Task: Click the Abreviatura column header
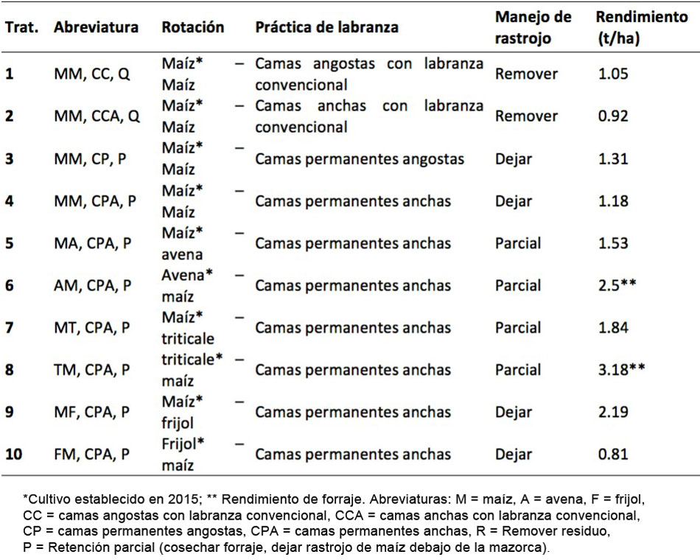(x=96, y=28)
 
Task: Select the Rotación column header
(x=193, y=28)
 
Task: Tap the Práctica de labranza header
(x=326, y=28)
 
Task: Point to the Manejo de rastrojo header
(x=533, y=28)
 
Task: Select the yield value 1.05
(x=613, y=74)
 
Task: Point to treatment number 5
(x=10, y=243)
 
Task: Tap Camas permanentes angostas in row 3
(x=360, y=158)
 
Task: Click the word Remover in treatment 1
(x=526, y=74)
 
